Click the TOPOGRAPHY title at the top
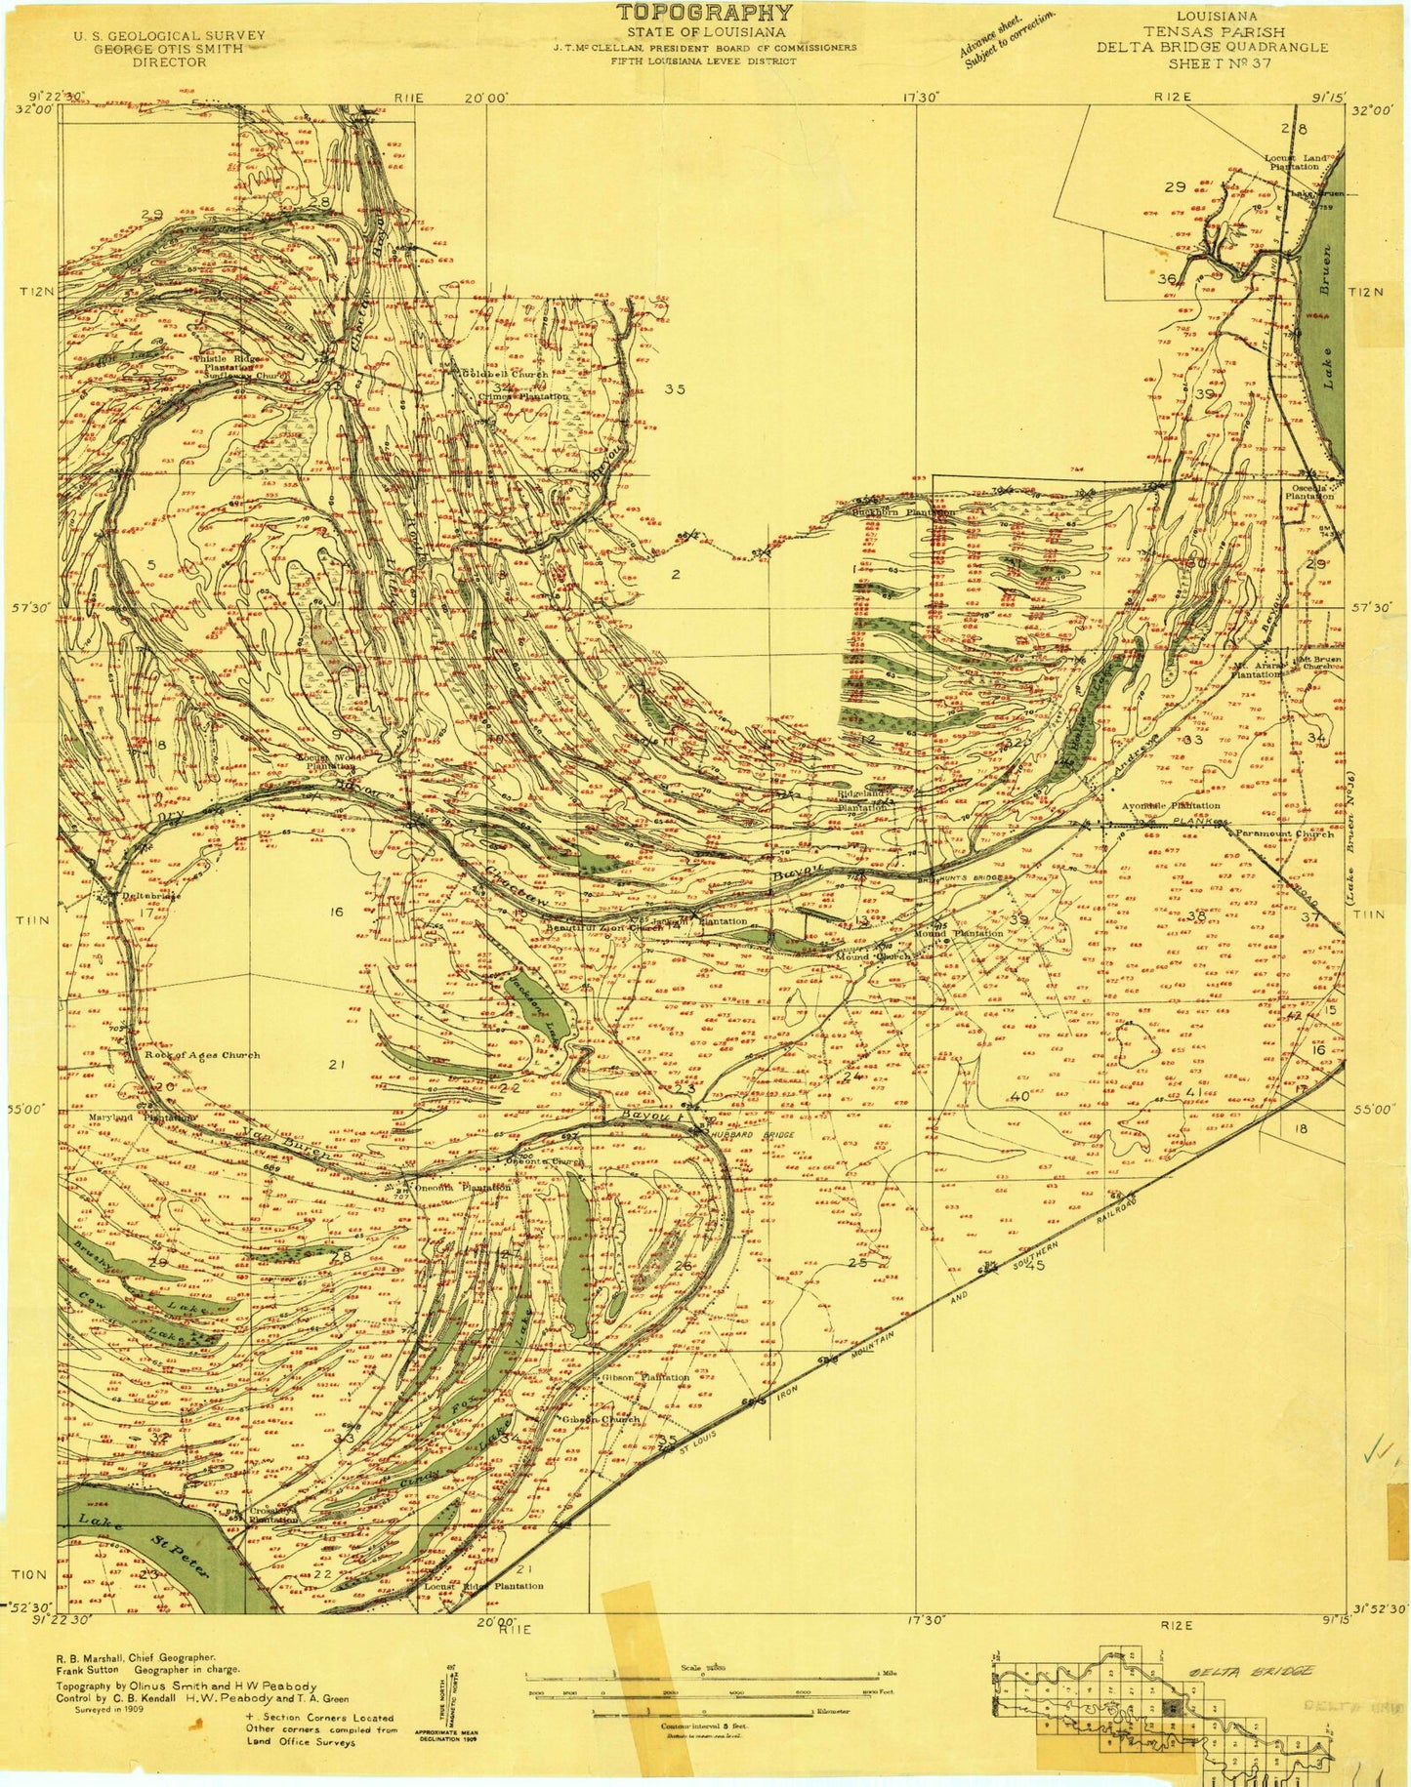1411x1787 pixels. [x=703, y=13]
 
